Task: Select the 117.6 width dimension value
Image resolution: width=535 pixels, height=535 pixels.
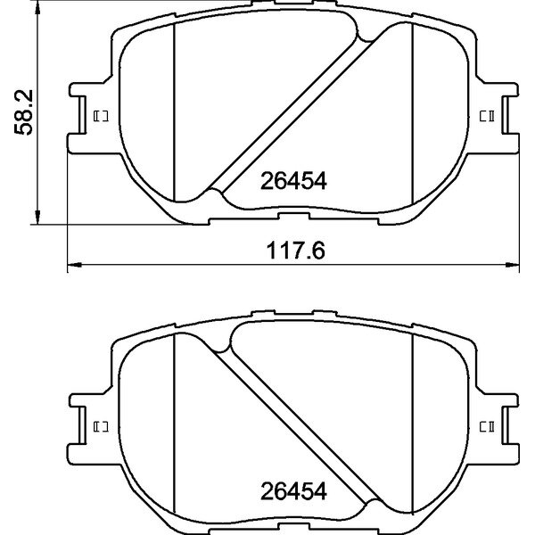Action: (292, 252)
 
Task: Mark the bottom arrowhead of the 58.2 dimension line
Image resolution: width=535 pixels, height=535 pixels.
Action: (37, 216)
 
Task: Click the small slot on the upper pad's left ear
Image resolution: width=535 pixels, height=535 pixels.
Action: (99, 115)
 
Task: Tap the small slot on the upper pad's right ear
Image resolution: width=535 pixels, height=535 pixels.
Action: (487, 115)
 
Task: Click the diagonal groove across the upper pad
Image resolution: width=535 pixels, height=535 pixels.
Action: (294, 111)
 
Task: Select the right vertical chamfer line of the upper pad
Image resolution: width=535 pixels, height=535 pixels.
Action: (412, 111)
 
